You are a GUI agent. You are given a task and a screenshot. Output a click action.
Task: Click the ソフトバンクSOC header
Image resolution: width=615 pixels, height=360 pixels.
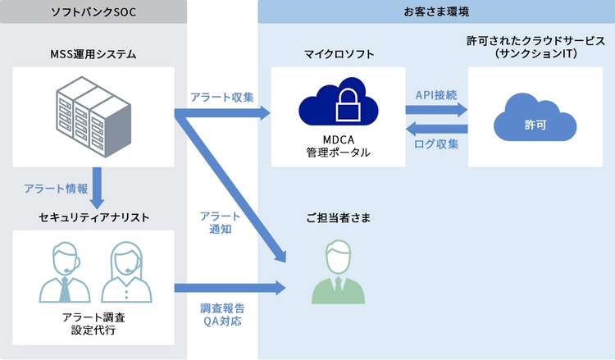coord(93,12)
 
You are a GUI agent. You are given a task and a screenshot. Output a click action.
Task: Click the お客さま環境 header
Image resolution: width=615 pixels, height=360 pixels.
coord(436,12)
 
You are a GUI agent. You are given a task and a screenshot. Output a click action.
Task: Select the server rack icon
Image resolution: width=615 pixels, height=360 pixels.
coord(93,116)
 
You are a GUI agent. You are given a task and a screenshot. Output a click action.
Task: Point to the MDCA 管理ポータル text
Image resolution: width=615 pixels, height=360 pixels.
coord(338,145)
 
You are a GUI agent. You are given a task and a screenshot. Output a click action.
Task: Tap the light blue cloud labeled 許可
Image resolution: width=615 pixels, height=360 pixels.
coord(535,120)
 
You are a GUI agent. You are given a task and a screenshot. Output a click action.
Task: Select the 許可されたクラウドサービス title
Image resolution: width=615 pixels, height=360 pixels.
coord(534,46)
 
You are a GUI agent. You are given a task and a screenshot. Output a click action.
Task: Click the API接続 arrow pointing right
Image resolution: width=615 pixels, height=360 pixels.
coord(436,108)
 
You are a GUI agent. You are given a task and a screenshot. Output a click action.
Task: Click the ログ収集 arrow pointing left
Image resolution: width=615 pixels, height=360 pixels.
coord(436,127)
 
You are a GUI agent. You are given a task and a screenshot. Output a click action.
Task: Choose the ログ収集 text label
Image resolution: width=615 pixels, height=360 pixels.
coord(436,144)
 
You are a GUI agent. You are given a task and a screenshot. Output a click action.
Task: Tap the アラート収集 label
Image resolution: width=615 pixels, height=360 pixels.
coord(221,97)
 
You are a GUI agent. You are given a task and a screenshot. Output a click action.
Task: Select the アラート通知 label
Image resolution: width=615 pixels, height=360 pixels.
coord(221,222)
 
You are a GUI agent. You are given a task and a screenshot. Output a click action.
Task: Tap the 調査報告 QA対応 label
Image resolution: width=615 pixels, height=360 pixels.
coord(222,315)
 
